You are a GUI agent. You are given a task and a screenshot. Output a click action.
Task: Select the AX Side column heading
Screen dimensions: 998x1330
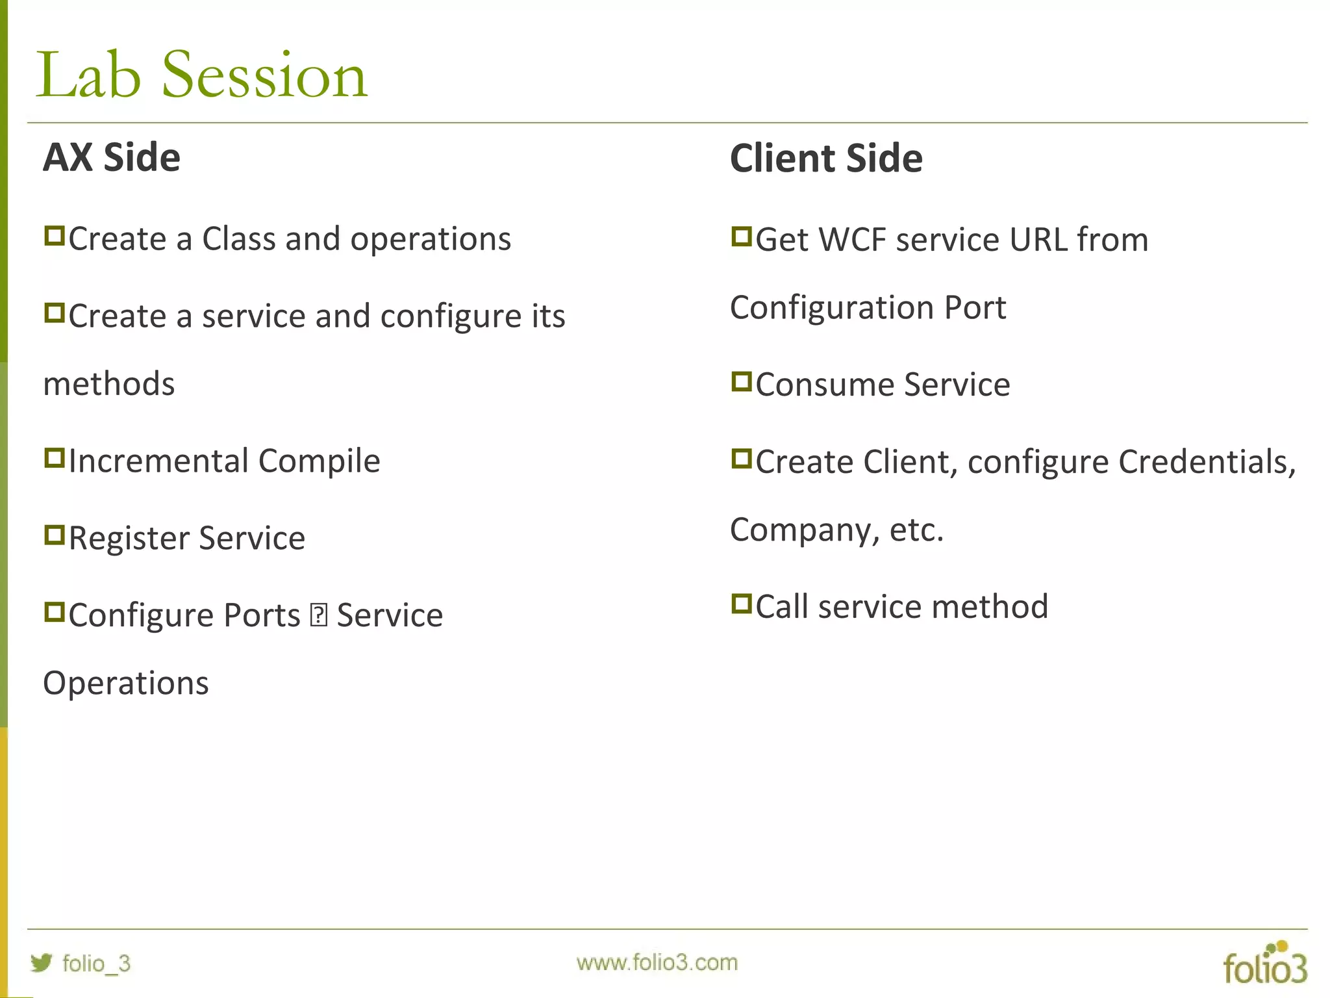(x=112, y=157)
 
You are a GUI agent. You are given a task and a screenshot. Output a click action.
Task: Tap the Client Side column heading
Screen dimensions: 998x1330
(x=826, y=159)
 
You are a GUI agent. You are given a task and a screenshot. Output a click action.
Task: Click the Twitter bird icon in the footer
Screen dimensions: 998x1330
(x=41, y=962)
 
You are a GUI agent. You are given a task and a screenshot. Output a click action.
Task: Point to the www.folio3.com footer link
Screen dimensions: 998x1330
(x=657, y=962)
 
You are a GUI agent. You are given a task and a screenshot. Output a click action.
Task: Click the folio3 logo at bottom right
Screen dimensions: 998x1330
(x=1264, y=964)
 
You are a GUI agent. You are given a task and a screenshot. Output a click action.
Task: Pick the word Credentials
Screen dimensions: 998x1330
(x=1206, y=462)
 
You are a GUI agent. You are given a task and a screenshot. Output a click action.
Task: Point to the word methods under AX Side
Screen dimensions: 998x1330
(x=109, y=384)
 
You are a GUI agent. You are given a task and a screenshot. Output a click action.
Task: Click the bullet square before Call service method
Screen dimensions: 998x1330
(x=741, y=604)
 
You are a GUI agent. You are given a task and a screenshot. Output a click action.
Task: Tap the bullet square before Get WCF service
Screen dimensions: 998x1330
(x=741, y=237)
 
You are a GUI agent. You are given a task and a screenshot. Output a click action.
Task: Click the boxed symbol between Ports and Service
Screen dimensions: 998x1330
(x=319, y=615)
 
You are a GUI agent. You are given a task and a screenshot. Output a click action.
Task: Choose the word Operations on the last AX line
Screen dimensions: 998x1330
(x=126, y=684)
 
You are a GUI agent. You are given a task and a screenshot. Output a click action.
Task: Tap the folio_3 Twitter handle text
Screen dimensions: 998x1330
(x=96, y=963)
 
